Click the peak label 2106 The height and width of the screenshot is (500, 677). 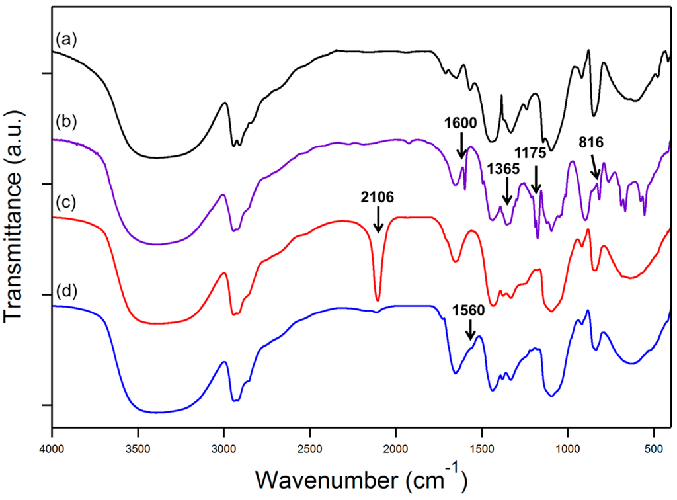tap(378, 196)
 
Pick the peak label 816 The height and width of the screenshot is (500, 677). tap(590, 142)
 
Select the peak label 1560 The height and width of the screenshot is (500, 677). tap(468, 310)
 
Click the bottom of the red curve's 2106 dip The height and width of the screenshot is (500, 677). tap(378, 300)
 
